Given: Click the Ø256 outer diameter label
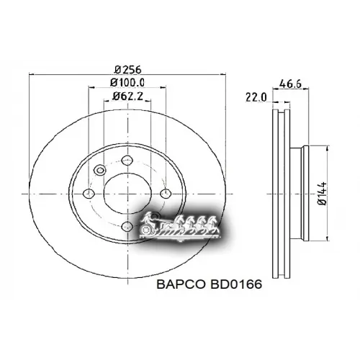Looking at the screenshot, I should click(127, 70).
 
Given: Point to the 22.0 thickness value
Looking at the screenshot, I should click(256, 96).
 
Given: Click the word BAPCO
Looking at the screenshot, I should click(180, 284).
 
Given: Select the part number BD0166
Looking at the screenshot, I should click(233, 284).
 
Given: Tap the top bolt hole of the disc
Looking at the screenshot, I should click(127, 160).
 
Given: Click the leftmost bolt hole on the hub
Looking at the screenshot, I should click(89, 194).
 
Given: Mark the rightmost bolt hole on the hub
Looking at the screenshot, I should click(166, 193).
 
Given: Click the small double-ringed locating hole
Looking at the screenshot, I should click(100, 171).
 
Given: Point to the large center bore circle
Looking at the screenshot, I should click(127, 193).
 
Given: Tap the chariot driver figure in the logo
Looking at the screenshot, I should click(149, 218).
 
